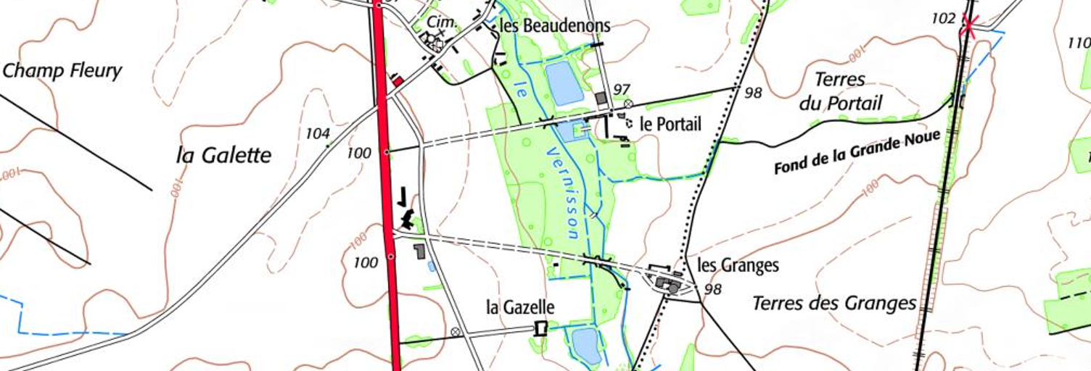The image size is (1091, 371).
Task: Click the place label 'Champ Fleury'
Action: [62, 71]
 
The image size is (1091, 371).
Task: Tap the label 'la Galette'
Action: [223, 154]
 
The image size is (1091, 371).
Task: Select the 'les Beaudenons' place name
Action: [555, 26]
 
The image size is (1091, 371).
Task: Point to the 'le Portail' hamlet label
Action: [670, 124]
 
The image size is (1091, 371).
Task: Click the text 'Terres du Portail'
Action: [841, 91]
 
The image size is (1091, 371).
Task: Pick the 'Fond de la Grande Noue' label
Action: [857, 153]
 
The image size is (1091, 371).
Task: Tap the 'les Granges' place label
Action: [738, 265]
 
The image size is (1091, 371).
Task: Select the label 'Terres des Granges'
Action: [834, 303]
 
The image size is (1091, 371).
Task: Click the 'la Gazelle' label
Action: [520, 307]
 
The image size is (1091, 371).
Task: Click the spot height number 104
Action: [318, 133]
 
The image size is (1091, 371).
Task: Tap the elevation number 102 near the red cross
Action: [943, 19]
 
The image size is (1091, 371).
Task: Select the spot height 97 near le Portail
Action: [621, 89]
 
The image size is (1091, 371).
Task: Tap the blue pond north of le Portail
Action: [564, 83]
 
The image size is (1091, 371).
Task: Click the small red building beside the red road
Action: [398, 80]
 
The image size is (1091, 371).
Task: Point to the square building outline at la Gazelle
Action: [539, 328]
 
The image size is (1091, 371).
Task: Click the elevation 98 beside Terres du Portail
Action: [752, 92]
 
